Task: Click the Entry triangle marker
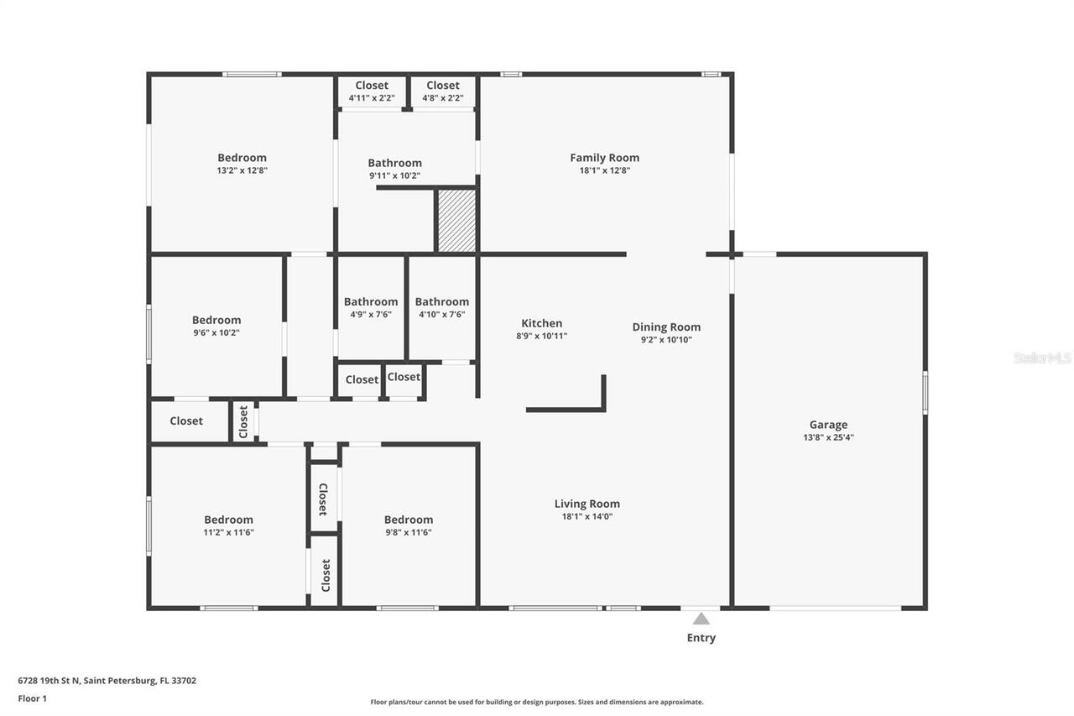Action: click(x=701, y=619)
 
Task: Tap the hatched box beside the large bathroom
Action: click(x=456, y=221)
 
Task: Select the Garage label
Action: click(x=828, y=425)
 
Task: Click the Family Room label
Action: click(x=604, y=158)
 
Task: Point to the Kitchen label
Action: click(x=542, y=323)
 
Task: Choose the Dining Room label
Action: click(x=666, y=327)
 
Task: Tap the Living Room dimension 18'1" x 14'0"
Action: click(x=587, y=517)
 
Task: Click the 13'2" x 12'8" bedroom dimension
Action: click(x=242, y=170)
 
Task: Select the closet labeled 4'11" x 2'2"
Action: click(x=372, y=98)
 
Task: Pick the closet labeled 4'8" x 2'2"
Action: click(x=442, y=98)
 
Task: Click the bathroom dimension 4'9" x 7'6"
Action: click(x=370, y=315)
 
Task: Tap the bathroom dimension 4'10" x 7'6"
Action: click(x=441, y=315)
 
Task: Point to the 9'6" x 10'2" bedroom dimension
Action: click(x=216, y=332)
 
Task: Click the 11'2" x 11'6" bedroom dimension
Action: click(x=228, y=532)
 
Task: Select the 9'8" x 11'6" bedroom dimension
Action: click(x=408, y=532)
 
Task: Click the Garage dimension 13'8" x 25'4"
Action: click(x=828, y=437)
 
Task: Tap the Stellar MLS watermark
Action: click(x=1042, y=358)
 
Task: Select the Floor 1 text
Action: click(x=33, y=698)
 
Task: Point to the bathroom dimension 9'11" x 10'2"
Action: click(x=394, y=176)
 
